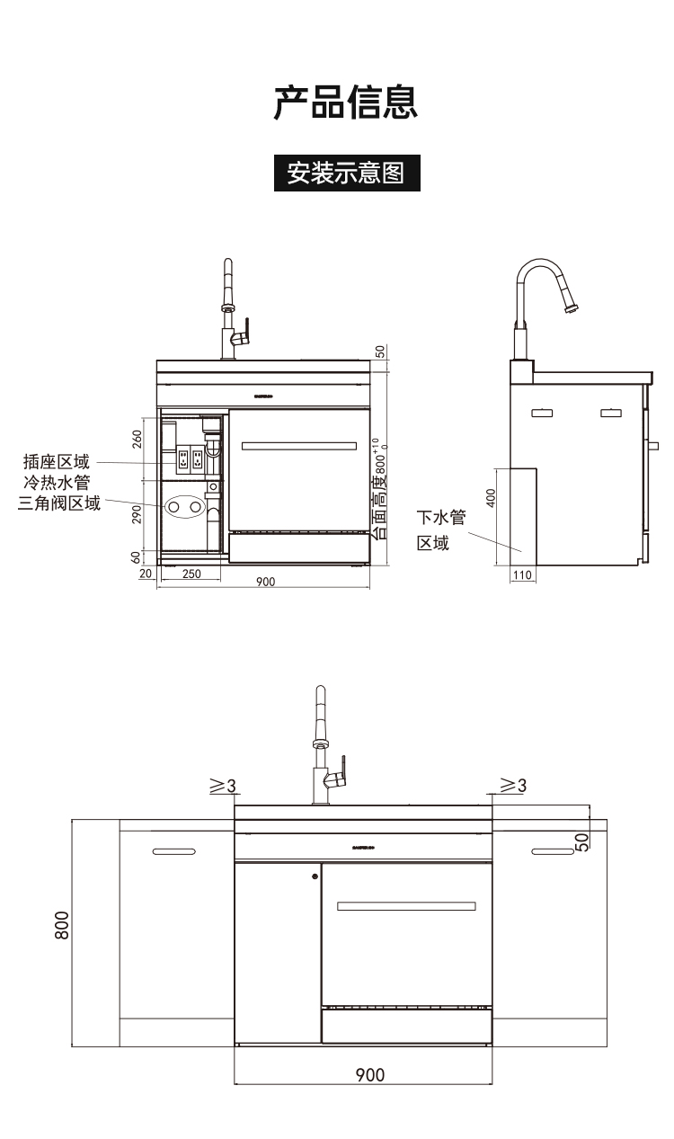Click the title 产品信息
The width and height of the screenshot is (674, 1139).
346,103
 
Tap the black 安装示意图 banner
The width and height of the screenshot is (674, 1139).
346,171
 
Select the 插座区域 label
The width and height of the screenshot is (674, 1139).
57,462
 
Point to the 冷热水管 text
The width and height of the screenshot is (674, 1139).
57,483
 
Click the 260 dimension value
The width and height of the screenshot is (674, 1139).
137,440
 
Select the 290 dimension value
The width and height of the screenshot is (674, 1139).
137,514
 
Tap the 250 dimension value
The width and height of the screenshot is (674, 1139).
191,574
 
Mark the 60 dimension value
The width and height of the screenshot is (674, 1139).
137,557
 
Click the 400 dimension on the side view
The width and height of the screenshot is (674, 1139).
491,498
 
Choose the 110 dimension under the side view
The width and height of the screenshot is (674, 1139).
522,574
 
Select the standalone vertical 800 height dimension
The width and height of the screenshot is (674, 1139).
62,925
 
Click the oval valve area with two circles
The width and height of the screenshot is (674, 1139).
186,508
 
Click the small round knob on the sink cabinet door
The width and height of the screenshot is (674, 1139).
315,876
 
